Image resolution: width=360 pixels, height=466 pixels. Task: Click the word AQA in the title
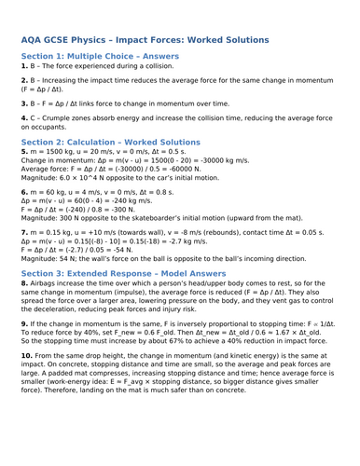[35, 40]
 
